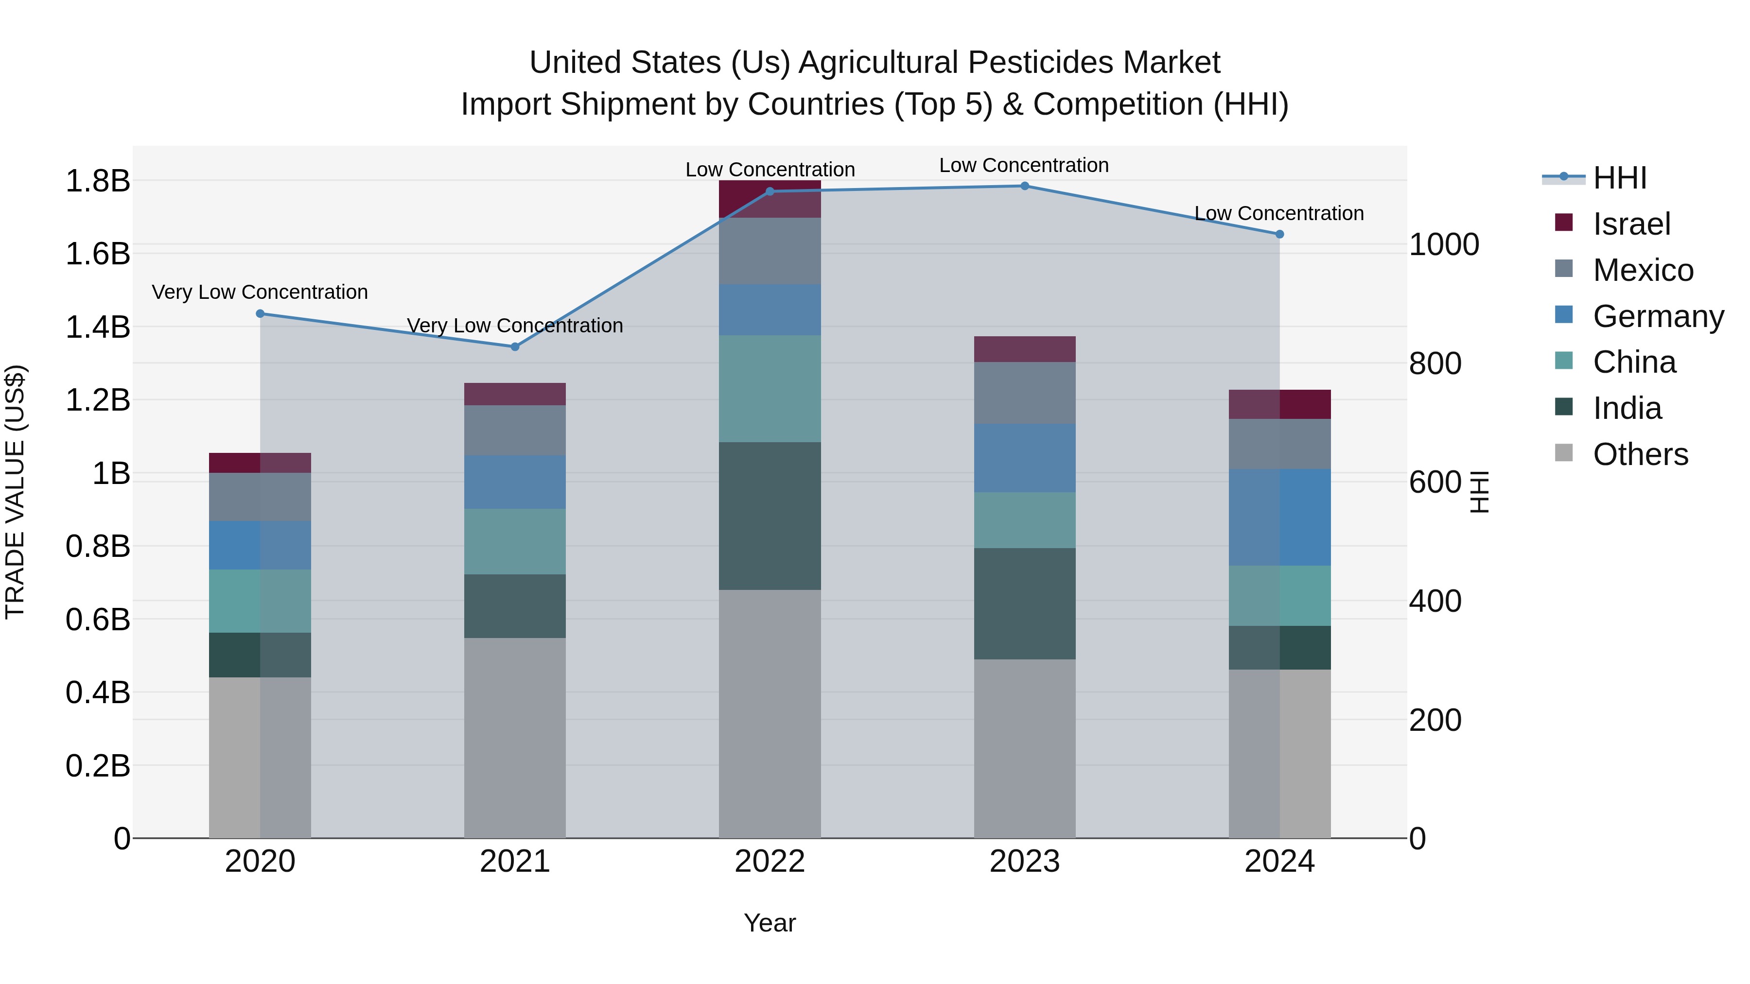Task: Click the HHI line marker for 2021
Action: [x=514, y=346]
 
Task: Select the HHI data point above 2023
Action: [x=1024, y=186]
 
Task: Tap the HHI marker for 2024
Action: [x=1279, y=234]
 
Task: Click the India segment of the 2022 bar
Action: [x=770, y=516]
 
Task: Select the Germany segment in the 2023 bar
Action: [x=1024, y=458]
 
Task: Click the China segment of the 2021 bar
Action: [x=514, y=541]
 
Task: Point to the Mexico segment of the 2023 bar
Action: [x=1024, y=393]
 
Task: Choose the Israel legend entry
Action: [x=1630, y=224]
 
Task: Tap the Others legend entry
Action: [x=1639, y=454]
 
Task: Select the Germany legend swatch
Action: [x=1563, y=315]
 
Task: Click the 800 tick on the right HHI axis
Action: [x=1435, y=363]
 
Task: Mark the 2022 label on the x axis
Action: [x=770, y=862]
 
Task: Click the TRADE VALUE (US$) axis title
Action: [x=15, y=492]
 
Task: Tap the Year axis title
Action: [x=770, y=923]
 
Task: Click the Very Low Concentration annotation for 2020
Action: [x=260, y=292]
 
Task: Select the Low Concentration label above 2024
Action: [x=1278, y=213]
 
